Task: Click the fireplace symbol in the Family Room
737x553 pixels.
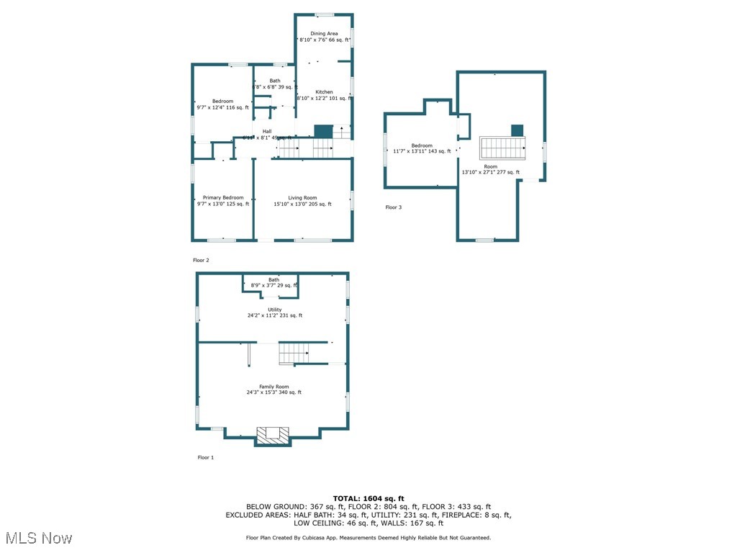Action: (273, 434)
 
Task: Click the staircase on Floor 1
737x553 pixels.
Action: (294, 354)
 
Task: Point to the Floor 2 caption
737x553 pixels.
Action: (201, 260)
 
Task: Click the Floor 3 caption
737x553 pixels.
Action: (394, 207)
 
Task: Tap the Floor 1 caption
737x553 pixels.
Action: (206, 457)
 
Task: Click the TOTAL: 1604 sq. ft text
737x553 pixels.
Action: (368, 498)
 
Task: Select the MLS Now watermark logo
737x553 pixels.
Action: (38, 538)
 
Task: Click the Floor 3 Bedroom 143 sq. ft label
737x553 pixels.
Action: (422, 148)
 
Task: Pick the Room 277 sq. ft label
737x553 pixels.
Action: (490, 169)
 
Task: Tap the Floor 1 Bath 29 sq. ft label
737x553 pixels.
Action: (273, 282)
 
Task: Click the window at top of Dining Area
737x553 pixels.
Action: (324, 14)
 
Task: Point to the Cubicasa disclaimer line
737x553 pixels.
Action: (368, 538)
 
